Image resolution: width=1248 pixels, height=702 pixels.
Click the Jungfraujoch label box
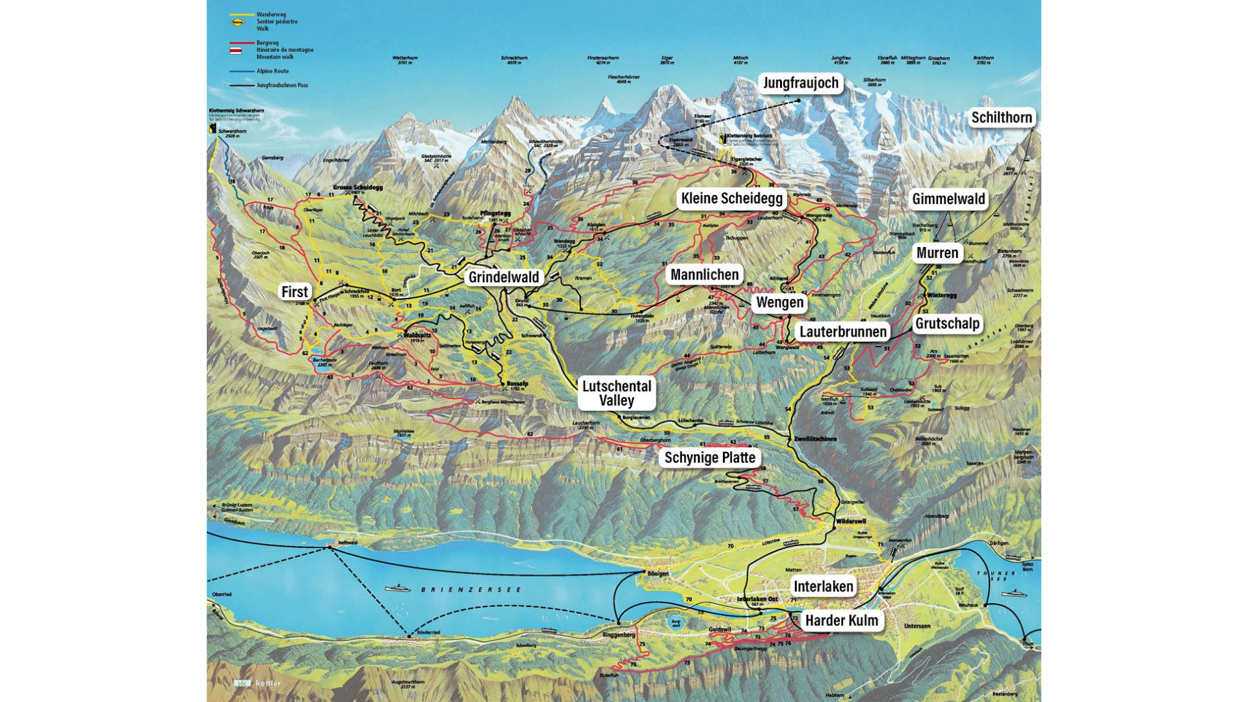(x=800, y=83)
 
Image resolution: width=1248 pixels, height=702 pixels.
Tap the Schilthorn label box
(x=1002, y=118)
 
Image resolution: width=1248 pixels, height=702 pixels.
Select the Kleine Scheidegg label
(x=731, y=199)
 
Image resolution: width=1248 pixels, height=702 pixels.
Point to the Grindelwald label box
(x=504, y=278)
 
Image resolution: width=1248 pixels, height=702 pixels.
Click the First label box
(x=294, y=292)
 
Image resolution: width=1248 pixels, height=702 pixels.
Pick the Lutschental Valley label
(x=616, y=393)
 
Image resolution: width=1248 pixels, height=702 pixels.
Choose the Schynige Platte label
(x=709, y=458)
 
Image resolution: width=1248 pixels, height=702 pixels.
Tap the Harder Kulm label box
(x=841, y=621)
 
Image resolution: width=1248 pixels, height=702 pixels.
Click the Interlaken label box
(x=823, y=587)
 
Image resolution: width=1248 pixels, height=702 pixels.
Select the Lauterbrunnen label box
(x=842, y=332)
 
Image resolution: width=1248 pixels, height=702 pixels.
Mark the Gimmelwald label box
(x=948, y=200)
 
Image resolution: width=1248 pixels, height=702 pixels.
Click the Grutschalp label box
(x=947, y=324)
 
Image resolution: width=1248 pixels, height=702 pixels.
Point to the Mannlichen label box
(x=704, y=275)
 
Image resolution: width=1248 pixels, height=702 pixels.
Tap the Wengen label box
(x=779, y=303)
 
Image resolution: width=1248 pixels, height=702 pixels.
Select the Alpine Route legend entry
(x=272, y=71)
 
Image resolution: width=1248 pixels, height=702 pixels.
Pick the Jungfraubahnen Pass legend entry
(x=281, y=85)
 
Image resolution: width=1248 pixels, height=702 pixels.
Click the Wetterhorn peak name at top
(x=404, y=58)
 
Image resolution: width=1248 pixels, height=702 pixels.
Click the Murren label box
(x=937, y=253)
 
